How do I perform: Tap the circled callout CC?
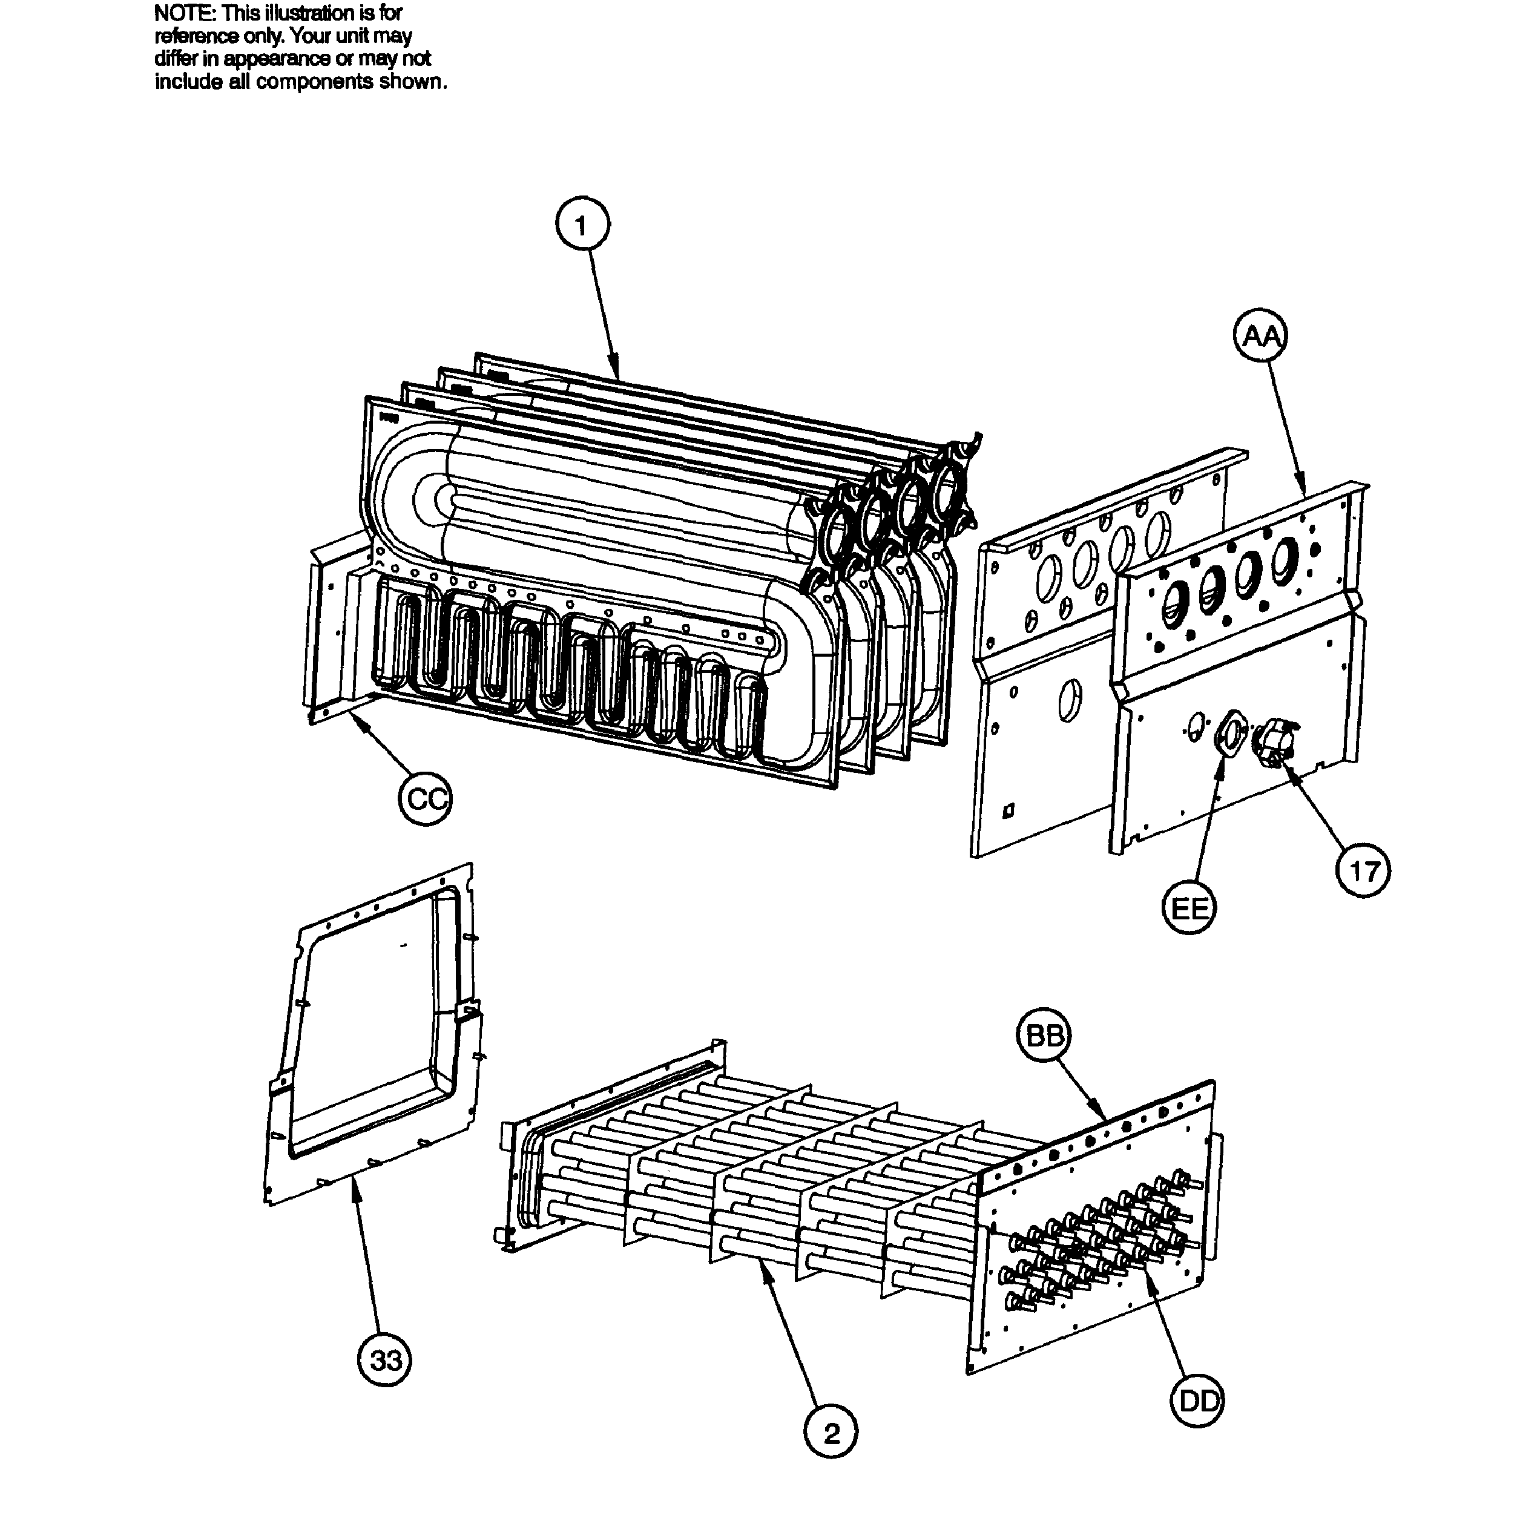tap(425, 798)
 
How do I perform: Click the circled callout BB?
tap(1044, 1036)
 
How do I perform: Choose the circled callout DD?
tap(1198, 1401)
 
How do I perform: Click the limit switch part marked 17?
tap(1274, 741)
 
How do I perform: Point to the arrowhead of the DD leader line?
tap(1148, 1273)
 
